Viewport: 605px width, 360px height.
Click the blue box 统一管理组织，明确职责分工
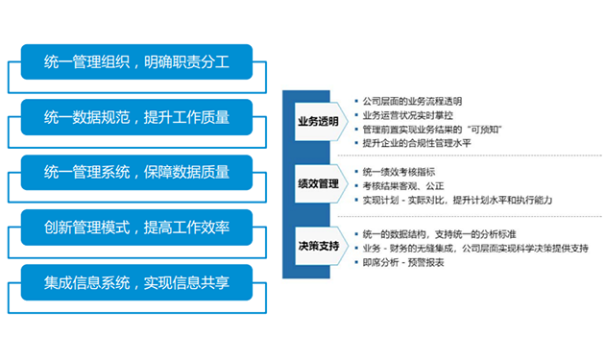[135, 62]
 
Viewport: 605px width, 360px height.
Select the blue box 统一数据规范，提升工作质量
[135, 117]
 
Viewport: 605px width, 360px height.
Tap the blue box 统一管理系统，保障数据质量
[135, 172]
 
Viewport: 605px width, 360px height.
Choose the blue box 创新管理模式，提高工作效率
[135, 228]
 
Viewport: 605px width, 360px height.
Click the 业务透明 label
[317, 120]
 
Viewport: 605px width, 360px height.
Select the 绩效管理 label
[317, 183]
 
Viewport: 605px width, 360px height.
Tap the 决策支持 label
[317, 247]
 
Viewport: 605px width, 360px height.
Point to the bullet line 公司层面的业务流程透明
[413, 100]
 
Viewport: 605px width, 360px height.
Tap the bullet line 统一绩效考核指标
[399, 171]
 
